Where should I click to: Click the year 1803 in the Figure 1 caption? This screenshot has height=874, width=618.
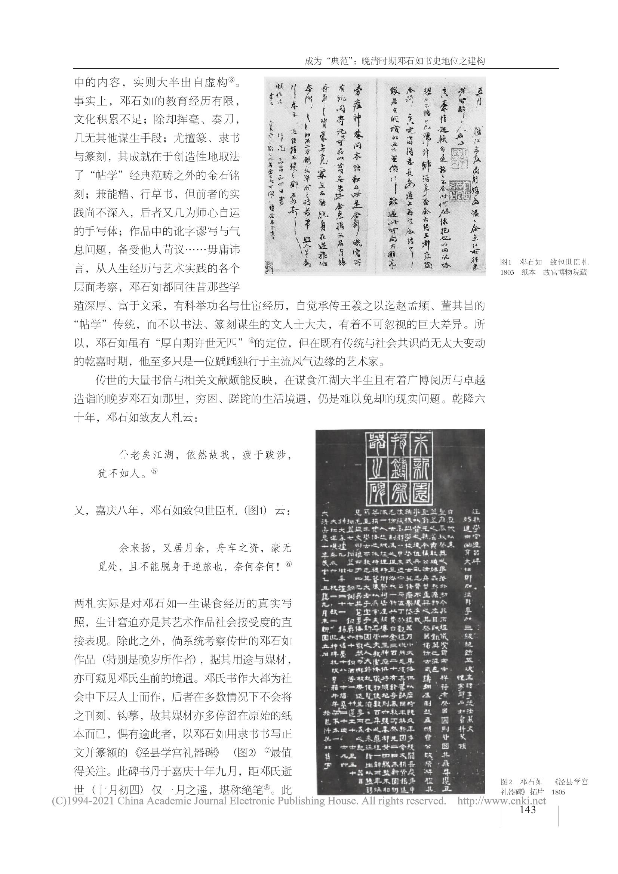tap(507, 272)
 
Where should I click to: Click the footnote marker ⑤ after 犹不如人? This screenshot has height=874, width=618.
tap(154, 471)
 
